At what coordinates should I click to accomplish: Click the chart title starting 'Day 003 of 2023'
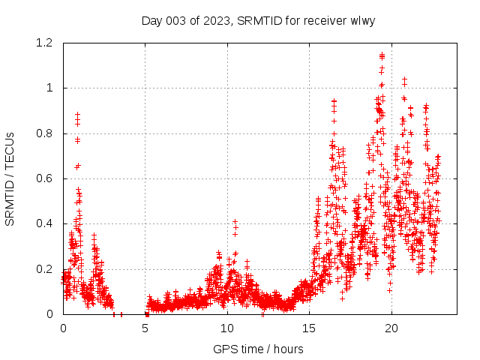tap(258, 20)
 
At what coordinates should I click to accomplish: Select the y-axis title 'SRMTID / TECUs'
tap(10, 178)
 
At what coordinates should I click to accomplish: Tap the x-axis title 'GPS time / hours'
tap(258, 349)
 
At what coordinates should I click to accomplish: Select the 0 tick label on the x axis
tap(63, 328)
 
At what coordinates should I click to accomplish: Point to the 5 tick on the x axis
tap(145, 328)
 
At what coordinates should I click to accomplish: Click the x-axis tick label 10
tap(227, 328)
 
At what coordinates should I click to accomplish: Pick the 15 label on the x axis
tap(310, 328)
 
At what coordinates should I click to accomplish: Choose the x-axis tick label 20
tap(391, 328)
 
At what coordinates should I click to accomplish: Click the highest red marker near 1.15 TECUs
tap(382, 55)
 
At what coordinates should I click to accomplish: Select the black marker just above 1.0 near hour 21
tap(404, 79)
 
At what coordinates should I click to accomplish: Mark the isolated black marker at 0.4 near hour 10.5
tap(235, 221)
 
